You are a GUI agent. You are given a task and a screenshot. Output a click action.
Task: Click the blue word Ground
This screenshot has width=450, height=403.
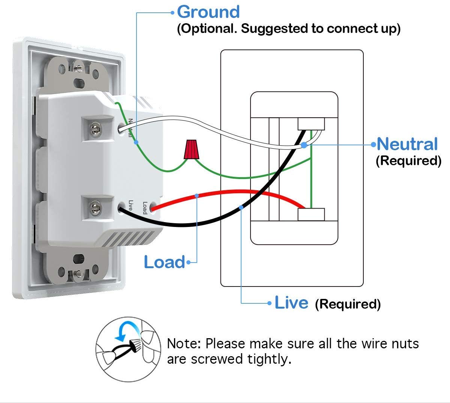tap(208, 12)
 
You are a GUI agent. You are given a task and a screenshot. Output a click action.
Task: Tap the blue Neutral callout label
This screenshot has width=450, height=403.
tap(407, 144)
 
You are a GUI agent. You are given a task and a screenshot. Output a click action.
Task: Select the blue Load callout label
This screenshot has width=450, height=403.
tap(165, 262)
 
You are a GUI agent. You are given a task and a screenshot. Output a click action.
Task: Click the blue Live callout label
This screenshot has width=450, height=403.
tap(291, 303)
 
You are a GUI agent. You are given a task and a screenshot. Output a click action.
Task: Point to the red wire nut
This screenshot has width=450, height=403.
tap(191, 149)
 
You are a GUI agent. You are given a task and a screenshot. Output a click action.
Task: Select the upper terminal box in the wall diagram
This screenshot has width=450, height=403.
tap(311, 124)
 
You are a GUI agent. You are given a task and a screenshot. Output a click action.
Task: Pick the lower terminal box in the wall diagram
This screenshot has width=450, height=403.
tap(311, 215)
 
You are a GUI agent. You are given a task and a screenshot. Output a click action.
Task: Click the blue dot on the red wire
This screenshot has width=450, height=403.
tap(197, 195)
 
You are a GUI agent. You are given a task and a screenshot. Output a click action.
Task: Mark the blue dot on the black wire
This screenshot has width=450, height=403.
tap(241, 207)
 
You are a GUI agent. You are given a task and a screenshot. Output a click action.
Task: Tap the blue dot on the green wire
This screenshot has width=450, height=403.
tap(136, 142)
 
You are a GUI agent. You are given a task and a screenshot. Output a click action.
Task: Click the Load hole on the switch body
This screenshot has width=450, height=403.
tap(152, 207)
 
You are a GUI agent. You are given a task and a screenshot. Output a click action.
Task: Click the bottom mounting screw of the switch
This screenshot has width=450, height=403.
tap(78, 275)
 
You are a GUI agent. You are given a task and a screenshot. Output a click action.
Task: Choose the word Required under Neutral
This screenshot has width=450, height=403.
tap(408, 161)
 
